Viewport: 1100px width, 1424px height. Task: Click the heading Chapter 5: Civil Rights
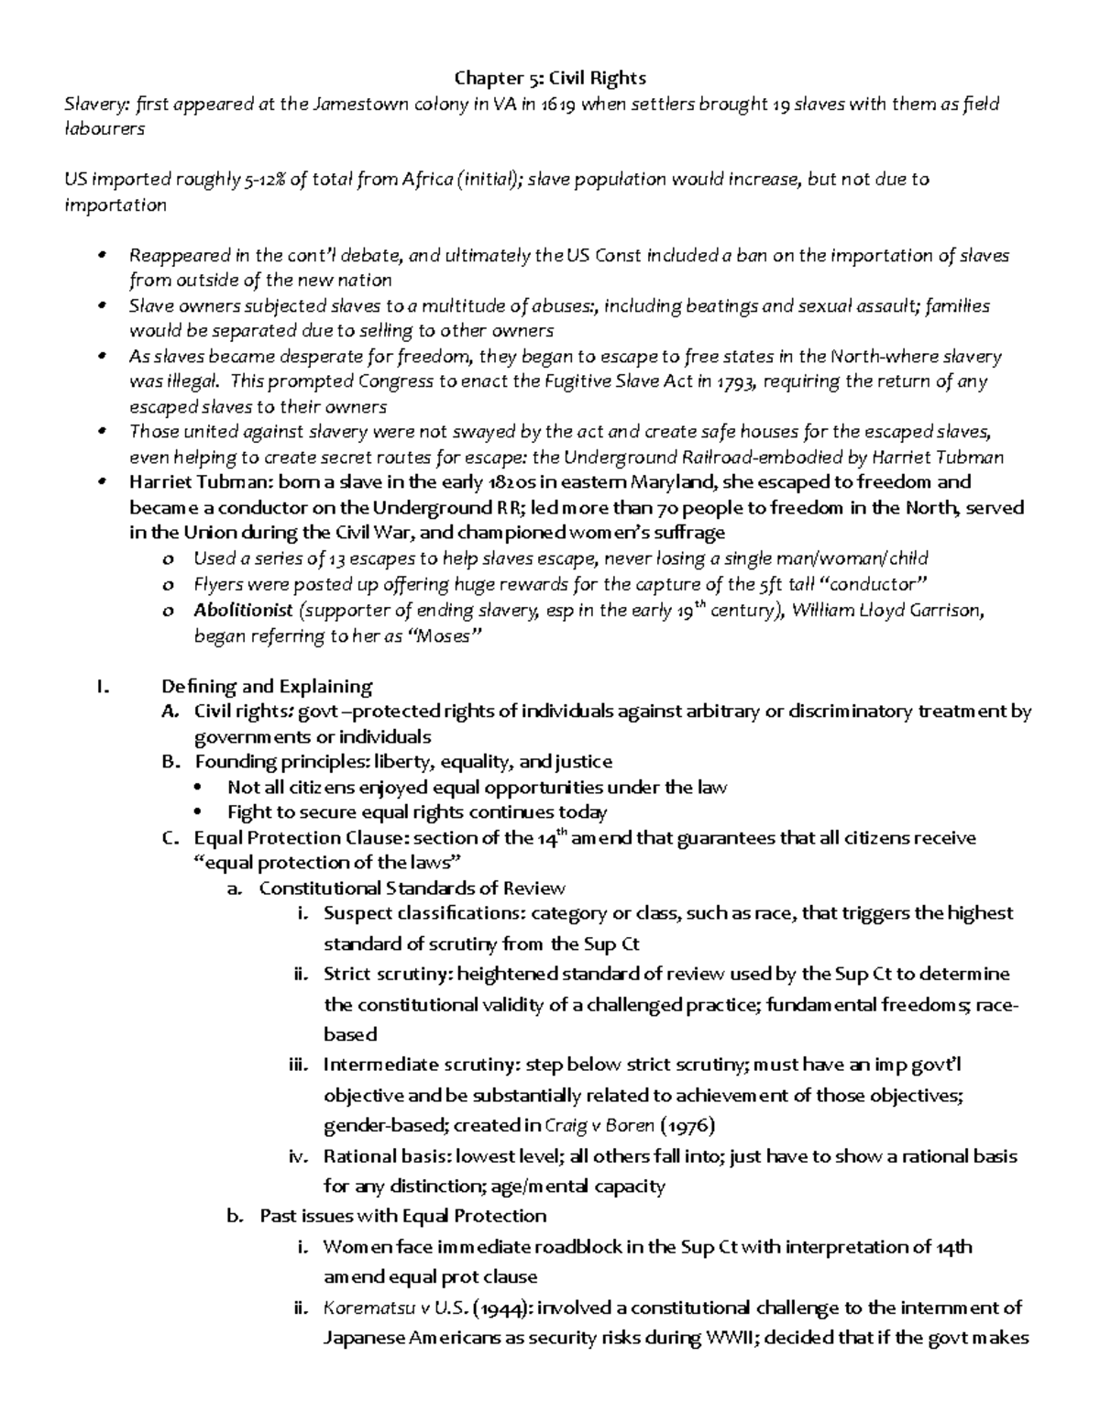click(x=551, y=78)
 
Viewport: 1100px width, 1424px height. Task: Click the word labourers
click(x=104, y=129)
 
